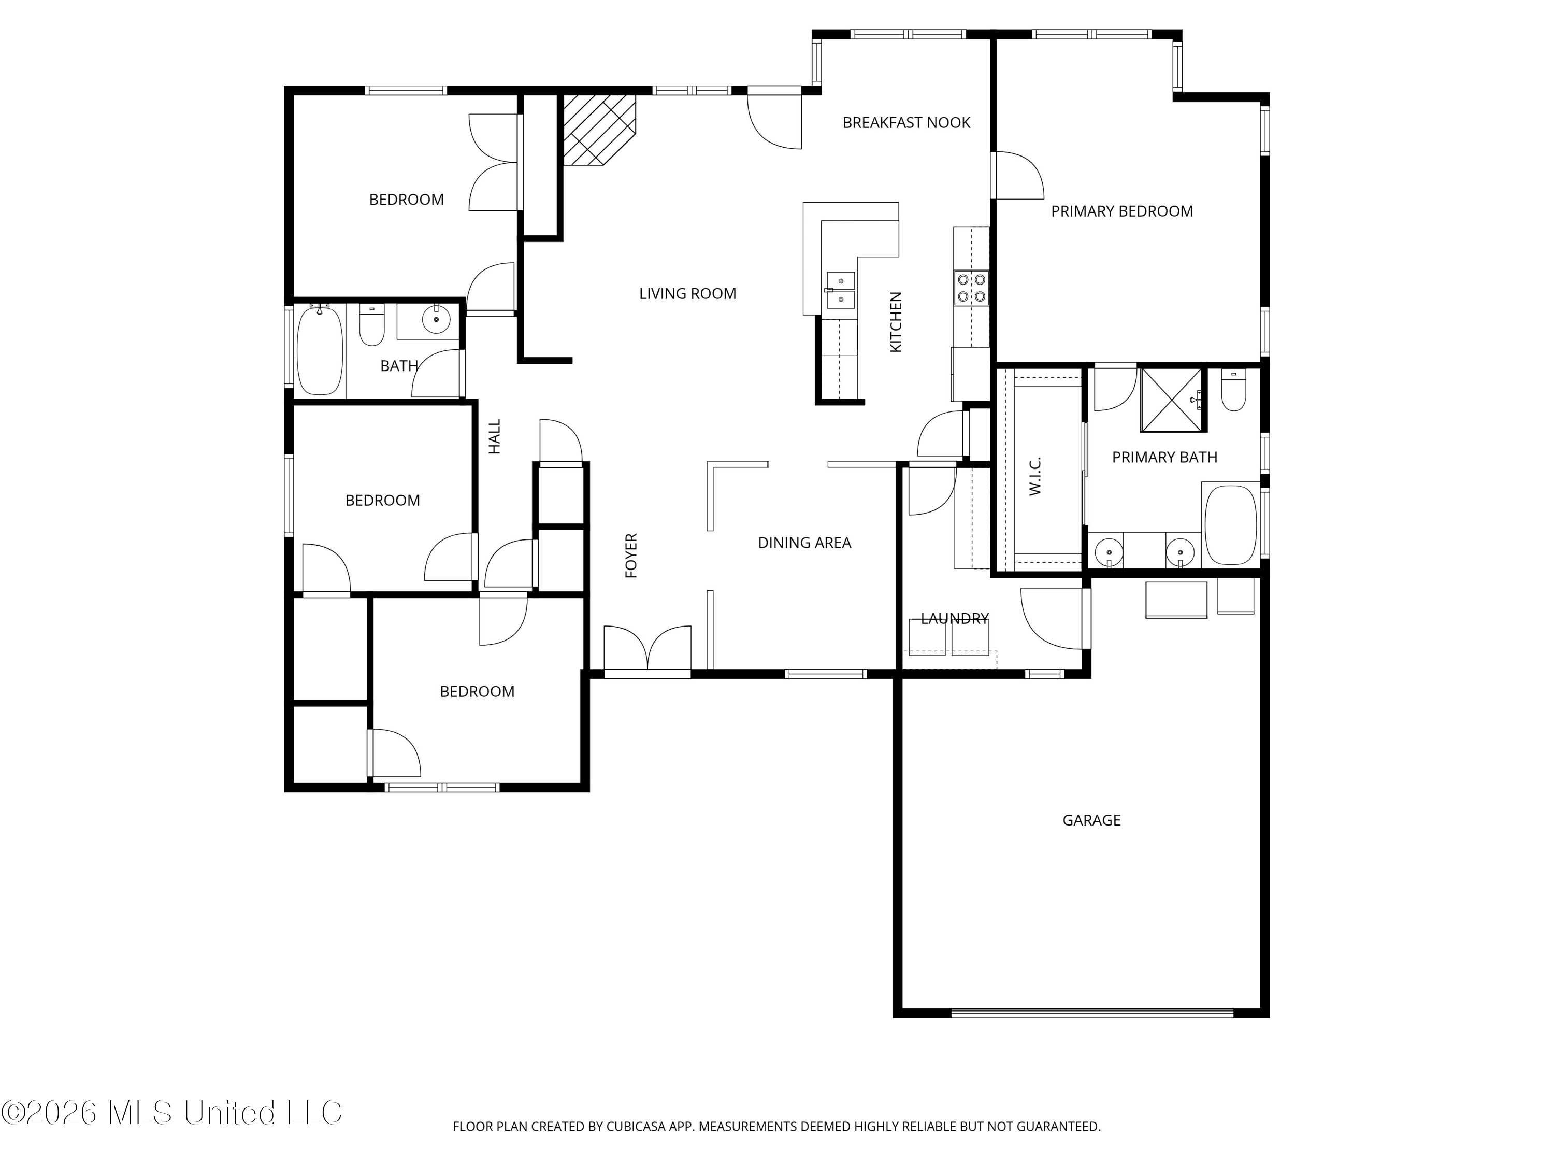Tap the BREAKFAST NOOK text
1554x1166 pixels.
tap(906, 123)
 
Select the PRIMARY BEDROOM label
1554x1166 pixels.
tap(1122, 211)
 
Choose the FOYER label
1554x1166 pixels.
tap(631, 556)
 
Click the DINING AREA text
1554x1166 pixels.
tap(804, 543)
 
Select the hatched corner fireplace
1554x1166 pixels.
tap(599, 131)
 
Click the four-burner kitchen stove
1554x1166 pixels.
tap(971, 288)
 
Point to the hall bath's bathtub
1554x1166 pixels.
tap(320, 350)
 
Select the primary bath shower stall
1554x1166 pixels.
tap(1171, 399)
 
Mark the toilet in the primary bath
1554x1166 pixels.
tap(1234, 391)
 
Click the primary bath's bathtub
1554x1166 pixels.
tap(1230, 525)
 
